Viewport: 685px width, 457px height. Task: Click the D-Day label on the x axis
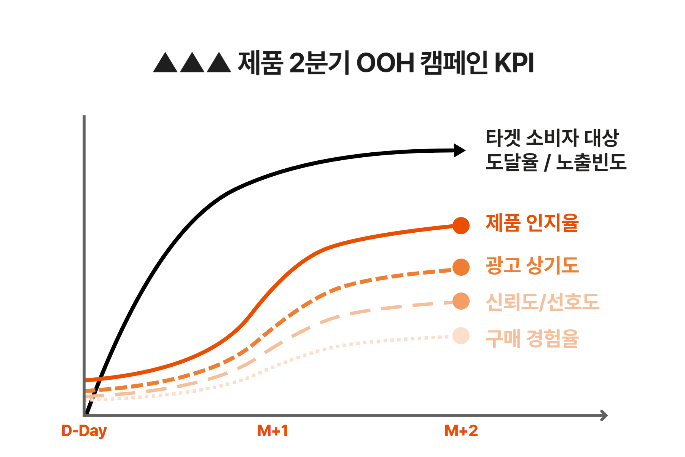click(84, 431)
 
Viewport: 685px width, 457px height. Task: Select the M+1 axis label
click(272, 431)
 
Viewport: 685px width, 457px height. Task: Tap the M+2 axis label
click(461, 431)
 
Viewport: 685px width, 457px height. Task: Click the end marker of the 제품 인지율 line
click(461, 225)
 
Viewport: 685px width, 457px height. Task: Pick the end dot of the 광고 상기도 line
click(461, 267)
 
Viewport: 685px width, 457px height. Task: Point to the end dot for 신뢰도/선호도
click(461, 301)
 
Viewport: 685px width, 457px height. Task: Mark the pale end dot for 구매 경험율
click(461, 336)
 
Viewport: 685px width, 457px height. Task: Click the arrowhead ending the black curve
click(460, 150)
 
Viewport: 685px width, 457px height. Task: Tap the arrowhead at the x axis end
click(604, 415)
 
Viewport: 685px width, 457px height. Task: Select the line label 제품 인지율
click(532, 223)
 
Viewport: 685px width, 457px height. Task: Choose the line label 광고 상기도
click(532, 265)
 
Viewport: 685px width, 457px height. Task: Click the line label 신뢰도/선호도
click(542, 302)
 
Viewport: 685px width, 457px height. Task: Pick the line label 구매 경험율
click(532, 338)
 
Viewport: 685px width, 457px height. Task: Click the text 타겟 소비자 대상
click(552, 138)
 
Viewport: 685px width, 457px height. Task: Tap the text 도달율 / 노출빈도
click(556, 162)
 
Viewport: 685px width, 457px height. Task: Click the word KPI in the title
click(514, 63)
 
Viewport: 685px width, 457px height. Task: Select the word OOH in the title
click(385, 63)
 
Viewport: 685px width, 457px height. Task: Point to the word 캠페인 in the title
click(454, 63)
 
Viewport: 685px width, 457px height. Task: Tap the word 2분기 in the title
click(319, 63)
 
